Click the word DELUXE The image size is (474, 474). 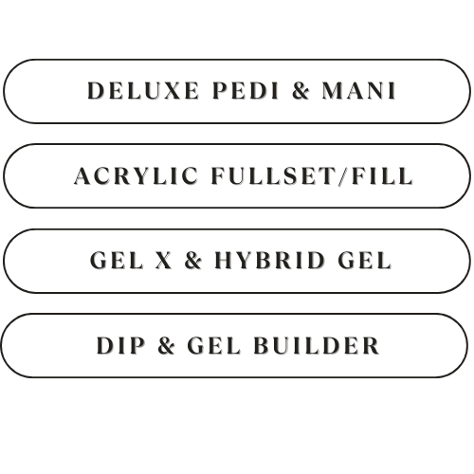(143, 91)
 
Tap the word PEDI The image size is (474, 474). (246, 91)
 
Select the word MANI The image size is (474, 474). (359, 91)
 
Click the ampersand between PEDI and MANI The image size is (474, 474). (301, 91)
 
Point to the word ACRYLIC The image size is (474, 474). (136, 175)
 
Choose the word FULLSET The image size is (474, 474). (273, 175)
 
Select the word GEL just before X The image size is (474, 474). (117, 261)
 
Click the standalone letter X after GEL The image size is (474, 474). (164, 261)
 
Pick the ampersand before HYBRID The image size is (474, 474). (193, 261)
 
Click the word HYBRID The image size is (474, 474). (269, 261)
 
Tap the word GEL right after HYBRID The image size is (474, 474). (365, 261)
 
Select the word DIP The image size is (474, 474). (120, 345)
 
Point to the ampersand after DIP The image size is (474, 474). (166, 345)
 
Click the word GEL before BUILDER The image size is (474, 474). (213, 345)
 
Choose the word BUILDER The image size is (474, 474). (317, 345)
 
